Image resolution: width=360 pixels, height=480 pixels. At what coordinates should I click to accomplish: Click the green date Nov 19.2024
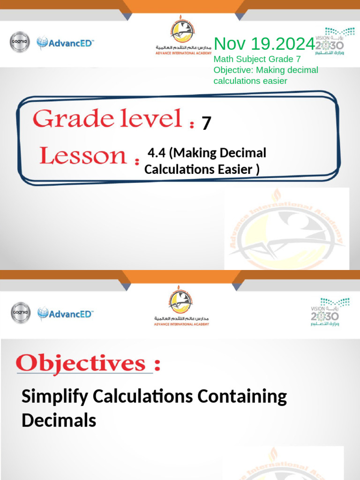pyautogui.click(x=264, y=44)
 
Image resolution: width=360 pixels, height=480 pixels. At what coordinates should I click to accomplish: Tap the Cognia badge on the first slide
pyautogui.click(x=20, y=43)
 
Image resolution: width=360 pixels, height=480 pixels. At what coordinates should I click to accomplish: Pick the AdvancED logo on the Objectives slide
pyautogui.click(x=66, y=313)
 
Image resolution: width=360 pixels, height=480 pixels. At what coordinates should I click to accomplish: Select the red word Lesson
pyautogui.click(x=82, y=156)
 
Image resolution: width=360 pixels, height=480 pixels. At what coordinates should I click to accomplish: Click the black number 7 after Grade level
pyautogui.click(x=206, y=123)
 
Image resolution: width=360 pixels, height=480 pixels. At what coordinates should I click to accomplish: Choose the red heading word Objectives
pyautogui.click(x=81, y=364)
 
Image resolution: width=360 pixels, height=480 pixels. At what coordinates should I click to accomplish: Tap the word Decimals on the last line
pyautogui.click(x=59, y=420)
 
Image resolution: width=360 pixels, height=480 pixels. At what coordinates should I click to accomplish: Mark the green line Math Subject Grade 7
pyautogui.click(x=257, y=60)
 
